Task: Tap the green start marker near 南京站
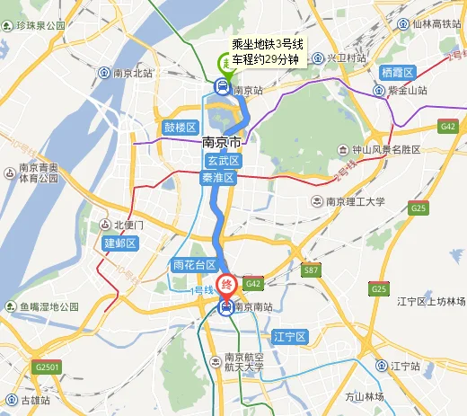(x=224, y=62)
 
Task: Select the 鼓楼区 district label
(x=180, y=128)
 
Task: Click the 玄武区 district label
(x=222, y=161)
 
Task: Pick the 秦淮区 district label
(x=217, y=178)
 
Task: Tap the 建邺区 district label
(x=119, y=243)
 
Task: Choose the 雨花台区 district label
(x=194, y=266)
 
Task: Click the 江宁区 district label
(x=290, y=337)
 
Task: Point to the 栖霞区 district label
(x=396, y=72)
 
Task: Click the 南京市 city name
(x=222, y=143)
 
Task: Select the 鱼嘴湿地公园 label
(x=50, y=307)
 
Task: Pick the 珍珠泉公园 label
(x=40, y=26)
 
